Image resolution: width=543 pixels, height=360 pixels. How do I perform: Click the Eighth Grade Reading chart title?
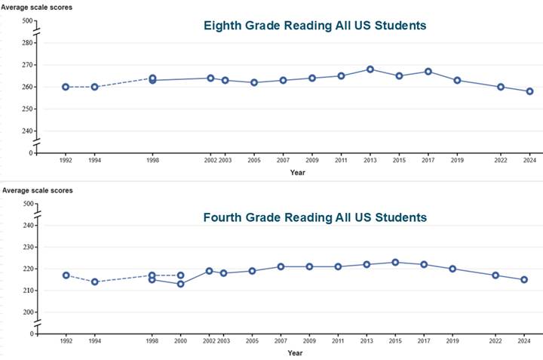[x=315, y=26]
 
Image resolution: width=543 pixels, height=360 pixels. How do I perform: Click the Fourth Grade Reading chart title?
[x=315, y=217]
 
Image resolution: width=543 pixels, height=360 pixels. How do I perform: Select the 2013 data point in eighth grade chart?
[x=370, y=69]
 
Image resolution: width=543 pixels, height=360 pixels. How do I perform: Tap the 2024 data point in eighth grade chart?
[x=529, y=91]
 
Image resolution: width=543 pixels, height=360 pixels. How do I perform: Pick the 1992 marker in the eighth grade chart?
[x=66, y=87]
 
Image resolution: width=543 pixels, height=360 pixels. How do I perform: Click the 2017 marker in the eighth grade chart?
[x=428, y=72]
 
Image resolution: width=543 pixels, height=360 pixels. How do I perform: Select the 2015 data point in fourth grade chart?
[x=395, y=263]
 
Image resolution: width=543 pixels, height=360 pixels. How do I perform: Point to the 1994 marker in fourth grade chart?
[x=94, y=282]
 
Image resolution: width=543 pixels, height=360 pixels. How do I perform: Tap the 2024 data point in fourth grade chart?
[x=524, y=280]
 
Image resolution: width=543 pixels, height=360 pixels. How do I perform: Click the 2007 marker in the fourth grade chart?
[x=280, y=266]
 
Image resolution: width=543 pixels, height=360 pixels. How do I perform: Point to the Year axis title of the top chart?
[x=298, y=172]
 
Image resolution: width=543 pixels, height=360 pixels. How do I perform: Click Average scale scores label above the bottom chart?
[x=37, y=190]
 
